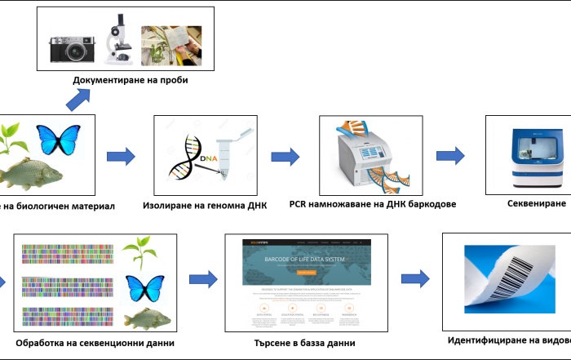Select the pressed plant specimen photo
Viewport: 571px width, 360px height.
tap(172, 45)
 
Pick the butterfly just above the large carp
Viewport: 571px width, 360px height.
tap(57, 140)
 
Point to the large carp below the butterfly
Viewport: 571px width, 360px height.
tap(31, 173)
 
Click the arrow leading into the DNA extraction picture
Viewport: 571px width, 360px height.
tap(121, 156)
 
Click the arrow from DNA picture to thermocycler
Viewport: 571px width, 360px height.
tap(285, 156)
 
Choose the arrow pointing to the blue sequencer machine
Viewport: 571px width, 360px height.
tap(450, 155)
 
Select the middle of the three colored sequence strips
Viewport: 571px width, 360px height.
tap(68, 287)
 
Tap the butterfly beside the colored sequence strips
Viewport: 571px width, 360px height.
tap(144, 287)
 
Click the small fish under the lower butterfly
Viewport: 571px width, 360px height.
tap(148, 318)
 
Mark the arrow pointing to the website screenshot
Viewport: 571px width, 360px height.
tap(203, 279)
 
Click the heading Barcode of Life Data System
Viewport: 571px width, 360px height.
tap(306, 260)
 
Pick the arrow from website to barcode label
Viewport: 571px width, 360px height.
tap(415, 279)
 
